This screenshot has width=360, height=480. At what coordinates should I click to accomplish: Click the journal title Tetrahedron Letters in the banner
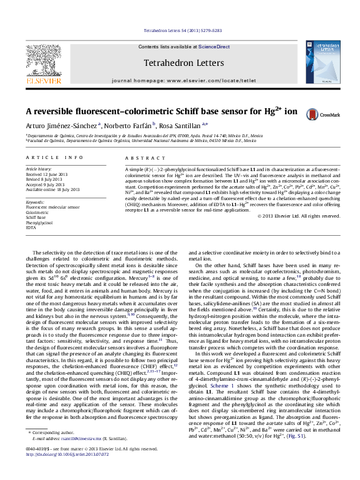click(x=180, y=62)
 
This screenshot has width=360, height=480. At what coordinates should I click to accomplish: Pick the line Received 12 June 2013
click(x=47, y=174)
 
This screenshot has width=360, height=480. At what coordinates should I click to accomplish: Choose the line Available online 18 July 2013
click(x=53, y=189)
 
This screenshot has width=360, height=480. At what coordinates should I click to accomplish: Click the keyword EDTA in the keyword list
click(x=31, y=229)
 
